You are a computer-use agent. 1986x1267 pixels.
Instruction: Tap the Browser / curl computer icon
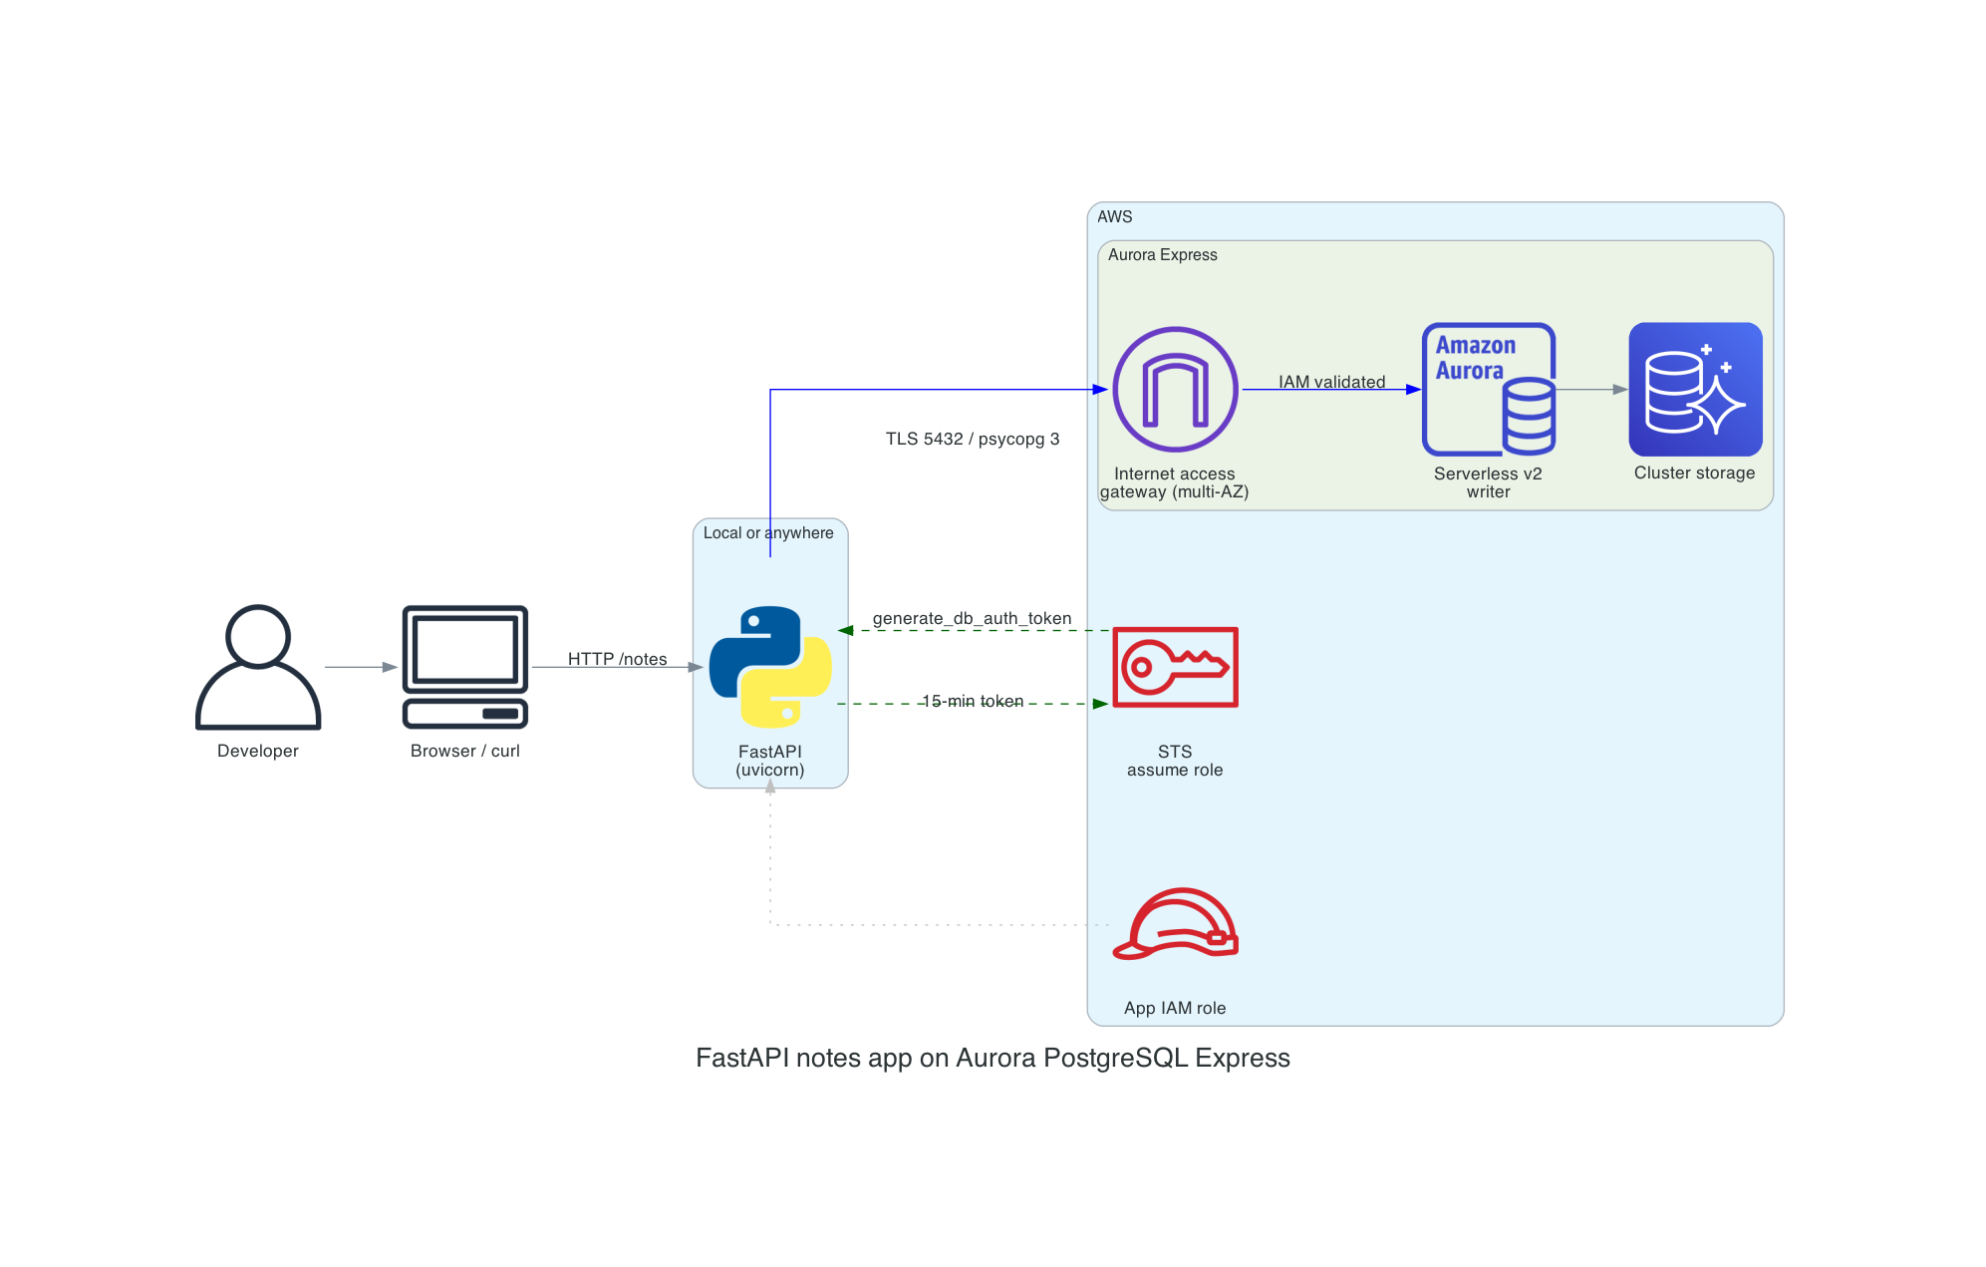[x=464, y=666]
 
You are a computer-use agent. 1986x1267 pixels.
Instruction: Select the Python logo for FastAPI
[x=770, y=666]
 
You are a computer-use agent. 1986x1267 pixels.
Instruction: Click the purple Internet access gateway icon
[x=1175, y=390]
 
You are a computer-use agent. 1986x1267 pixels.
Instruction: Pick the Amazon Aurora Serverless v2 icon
[x=1488, y=390]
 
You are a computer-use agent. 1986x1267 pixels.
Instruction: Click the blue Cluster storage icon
[x=1694, y=390]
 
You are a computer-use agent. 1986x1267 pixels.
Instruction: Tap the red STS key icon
[x=1175, y=667]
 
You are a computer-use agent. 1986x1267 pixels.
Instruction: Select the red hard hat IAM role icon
[x=1175, y=924]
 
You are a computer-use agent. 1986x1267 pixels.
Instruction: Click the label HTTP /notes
[x=617, y=659]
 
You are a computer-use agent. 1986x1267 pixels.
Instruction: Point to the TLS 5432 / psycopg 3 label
[x=972, y=439]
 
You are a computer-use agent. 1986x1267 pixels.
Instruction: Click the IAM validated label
[x=1331, y=382]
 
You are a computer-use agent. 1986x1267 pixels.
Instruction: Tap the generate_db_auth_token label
[x=972, y=618]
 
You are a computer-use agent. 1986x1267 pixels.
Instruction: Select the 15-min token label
[x=972, y=702]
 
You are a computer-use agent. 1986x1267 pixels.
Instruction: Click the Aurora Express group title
[x=1162, y=255]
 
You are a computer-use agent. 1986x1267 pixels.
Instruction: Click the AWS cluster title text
[x=1114, y=216]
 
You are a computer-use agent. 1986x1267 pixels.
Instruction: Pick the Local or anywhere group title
[x=768, y=533]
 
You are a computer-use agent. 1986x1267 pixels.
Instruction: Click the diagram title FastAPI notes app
[x=993, y=1058]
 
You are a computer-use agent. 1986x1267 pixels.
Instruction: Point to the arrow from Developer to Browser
[x=360, y=667]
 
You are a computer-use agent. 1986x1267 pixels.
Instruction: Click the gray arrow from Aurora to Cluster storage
[x=1591, y=390]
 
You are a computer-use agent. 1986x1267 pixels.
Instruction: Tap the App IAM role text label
[x=1175, y=1008]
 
